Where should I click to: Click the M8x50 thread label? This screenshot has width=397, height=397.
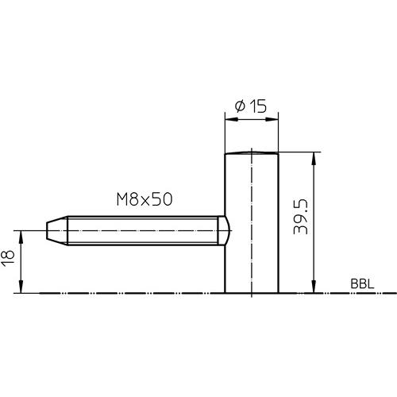pos(145,199)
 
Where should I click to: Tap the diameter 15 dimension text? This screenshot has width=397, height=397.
pos(251,106)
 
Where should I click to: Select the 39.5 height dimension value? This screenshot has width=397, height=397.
pos(300,217)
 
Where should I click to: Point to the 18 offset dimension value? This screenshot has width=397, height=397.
pos(7,258)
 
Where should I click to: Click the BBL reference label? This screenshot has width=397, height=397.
pos(362,284)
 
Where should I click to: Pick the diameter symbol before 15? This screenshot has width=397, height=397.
pos(241,106)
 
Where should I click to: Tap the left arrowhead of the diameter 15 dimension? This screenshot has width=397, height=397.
pos(231,119)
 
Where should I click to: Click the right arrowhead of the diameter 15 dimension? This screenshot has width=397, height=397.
pos(272,119)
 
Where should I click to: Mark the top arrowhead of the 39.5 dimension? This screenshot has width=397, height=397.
pos(314,159)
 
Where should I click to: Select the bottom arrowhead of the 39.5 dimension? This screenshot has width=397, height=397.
pos(314,287)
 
